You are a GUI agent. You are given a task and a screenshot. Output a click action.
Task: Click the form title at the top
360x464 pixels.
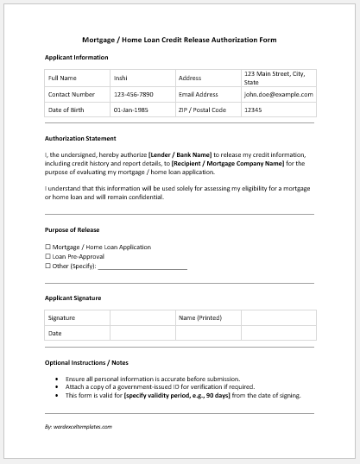[x=180, y=40]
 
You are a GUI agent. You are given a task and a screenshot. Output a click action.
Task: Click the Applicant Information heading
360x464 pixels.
[x=77, y=58]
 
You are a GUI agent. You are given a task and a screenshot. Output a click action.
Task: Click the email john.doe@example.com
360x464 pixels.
[x=278, y=94]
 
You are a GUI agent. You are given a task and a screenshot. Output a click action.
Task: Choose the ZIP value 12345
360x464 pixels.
[x=253, y=110]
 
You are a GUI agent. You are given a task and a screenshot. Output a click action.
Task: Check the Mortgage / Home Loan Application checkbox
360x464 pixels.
[x=47, y=248]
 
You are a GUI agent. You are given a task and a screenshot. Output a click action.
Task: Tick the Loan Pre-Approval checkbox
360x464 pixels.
[x=47, y=257]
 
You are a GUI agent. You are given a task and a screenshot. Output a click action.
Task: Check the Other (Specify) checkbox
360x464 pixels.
[x=47, y=266]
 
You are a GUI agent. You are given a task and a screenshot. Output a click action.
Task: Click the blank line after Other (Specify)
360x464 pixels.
[x=142, y=268]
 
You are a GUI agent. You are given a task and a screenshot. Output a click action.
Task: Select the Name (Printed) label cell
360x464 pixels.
[x=207, y=318]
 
